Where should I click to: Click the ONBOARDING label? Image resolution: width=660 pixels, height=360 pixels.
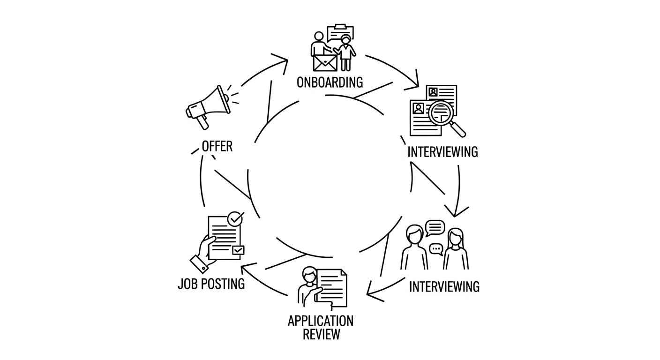(330, 82)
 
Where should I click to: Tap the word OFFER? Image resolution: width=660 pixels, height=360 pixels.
(217, 146)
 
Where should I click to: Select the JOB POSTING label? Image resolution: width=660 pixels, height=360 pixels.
(211, 284)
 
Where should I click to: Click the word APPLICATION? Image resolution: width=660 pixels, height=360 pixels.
(321, 321)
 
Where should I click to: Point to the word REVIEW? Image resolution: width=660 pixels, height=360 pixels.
(321, 335)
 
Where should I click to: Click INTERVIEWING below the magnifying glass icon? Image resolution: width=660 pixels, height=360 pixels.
(442, 152)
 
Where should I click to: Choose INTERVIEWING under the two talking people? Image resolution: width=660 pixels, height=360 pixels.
(444, 286)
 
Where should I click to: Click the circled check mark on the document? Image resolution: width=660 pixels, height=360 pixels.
(235, 218)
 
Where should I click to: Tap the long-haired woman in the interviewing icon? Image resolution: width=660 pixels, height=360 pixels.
(456, 248)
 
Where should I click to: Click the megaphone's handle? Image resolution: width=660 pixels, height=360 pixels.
(202, 122)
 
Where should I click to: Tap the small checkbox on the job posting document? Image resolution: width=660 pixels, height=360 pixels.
(239, 250)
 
